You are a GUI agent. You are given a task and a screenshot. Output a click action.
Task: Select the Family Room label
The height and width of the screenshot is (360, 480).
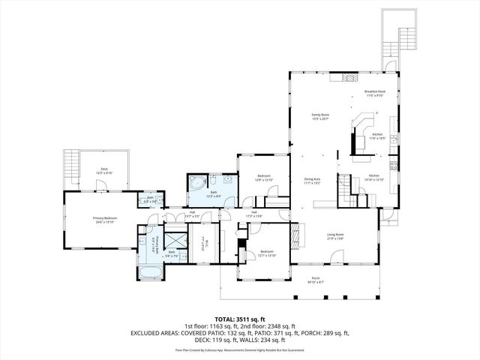(x=321, y=116)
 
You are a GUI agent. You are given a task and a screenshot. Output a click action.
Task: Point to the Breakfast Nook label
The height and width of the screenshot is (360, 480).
(x=374, y=94)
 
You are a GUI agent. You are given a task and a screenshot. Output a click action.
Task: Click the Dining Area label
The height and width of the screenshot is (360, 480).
(x=312, y=181)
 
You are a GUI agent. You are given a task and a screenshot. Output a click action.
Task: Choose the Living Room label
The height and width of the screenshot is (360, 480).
(x=334, y=236)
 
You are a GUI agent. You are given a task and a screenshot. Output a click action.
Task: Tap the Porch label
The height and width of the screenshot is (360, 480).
(x=315, y=280)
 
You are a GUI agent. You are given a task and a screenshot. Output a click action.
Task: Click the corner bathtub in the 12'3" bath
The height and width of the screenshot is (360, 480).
(x=197, y=184)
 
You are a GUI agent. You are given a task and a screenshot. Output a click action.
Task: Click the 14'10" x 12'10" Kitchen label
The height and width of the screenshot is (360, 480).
(x=373, y=178)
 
